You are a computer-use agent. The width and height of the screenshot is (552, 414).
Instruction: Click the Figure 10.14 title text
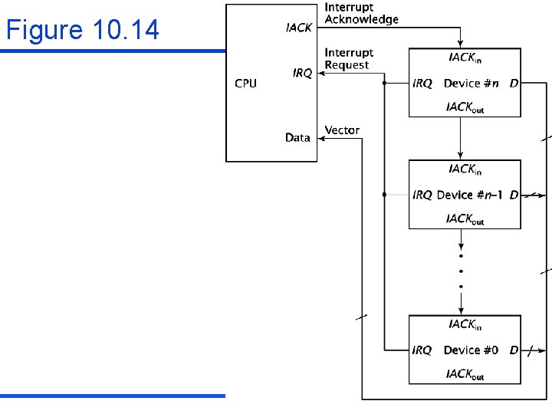[83, 30]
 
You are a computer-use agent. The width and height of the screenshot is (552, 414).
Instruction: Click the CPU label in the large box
[245, 83]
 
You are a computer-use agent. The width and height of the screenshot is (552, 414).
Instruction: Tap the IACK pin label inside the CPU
[298, 28]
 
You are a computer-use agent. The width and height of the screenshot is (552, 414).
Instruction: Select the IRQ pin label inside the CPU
[302, 74]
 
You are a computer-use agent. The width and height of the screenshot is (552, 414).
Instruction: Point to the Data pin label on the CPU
[297, 138]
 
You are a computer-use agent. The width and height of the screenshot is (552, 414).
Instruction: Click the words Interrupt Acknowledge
[361, 14]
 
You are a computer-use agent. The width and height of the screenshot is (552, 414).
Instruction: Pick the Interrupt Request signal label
[349, 59]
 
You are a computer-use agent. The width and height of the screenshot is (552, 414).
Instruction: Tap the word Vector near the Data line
[342, 130]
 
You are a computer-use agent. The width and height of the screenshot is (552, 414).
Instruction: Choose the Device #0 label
[471, 350]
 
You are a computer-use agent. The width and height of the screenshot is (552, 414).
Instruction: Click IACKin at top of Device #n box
[465, 58]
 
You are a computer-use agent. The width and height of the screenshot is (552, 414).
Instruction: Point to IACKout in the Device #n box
[465, 107]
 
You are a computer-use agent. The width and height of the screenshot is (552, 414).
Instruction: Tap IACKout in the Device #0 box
[465, 375]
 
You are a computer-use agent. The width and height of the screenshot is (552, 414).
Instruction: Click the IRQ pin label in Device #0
[422, 350]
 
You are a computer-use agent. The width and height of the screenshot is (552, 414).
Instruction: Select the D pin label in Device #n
[513, 83]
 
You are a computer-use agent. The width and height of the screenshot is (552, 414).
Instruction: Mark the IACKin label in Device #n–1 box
[465, 169]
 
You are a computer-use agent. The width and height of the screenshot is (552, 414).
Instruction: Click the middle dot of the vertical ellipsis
[461, 271]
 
